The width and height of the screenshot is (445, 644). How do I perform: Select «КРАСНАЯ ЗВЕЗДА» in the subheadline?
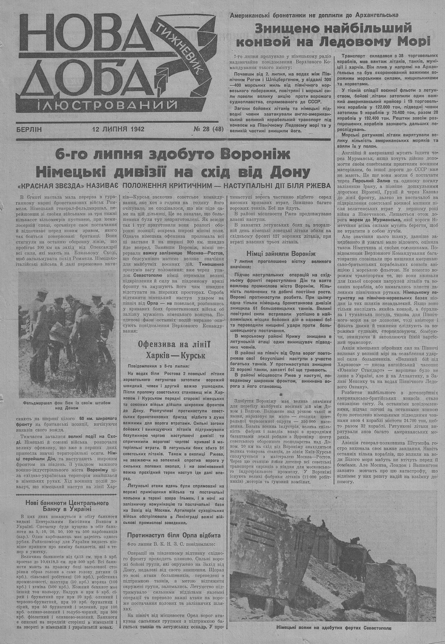pyautogui.click(x=53, y=185)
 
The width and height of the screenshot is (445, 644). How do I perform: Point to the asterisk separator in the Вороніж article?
pyautogui.click(x=281, y=394)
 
